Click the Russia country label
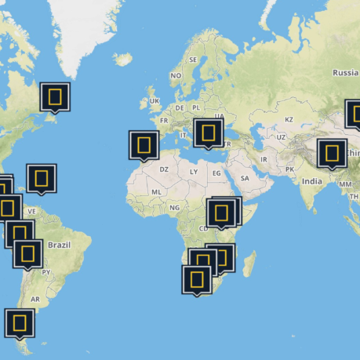pyautogui.click(x=345, y=72)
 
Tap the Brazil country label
pyautogui.click(x=59, y=245)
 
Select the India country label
pyautogui.click(x=312, y=181)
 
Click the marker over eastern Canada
pyautogui.click(x=55, y=96)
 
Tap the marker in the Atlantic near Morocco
pyautogui.click(x=144, y=144)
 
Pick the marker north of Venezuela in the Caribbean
pyautogui.click(x=41, y=178)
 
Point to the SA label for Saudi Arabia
pyautogui.click(x=245, y=178)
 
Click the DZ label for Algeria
pyautogui.click(x=164, y=169)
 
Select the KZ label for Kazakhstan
pyautogui.click(x=288, y=119)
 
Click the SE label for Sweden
pyautogui.click(x=193, y=60)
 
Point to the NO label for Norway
pyautogui.click(x=176, y=75)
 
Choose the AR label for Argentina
pyautogui.click(x=35, y=299)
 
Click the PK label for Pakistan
pyautogui.click(x=289, y=169)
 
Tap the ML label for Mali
pyautogui.click(x=156, y=191)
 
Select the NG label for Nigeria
pyautogui.click(x=174, y=207)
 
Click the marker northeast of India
pyautogui.click(x=332, y=153)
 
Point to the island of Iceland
pyautogui.click(x=123, y=59)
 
